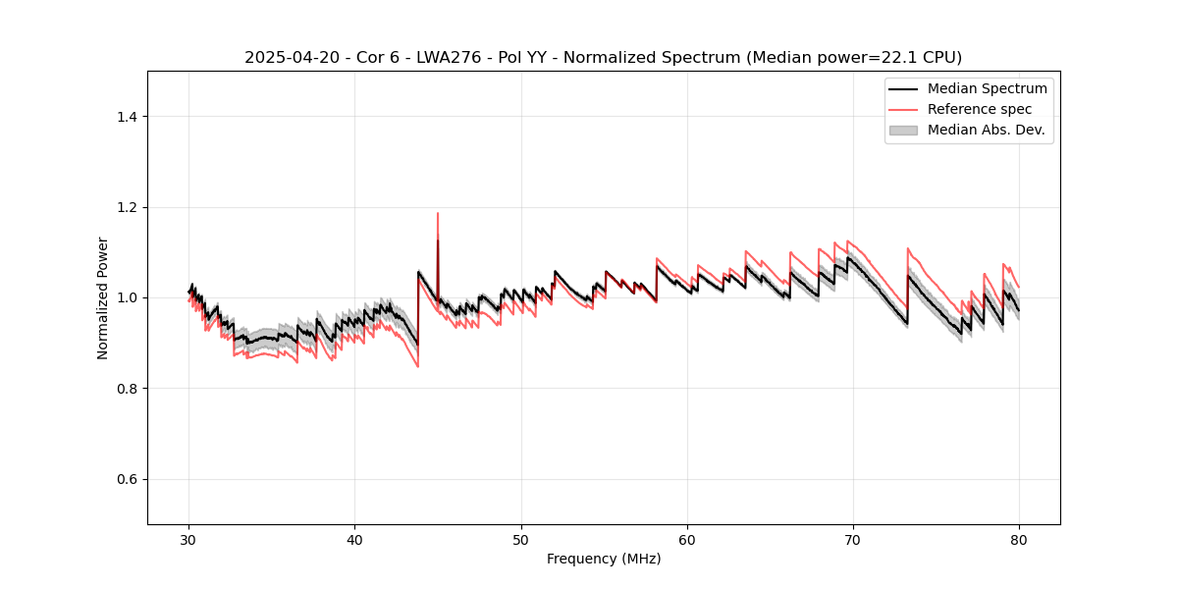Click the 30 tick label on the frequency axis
[189, 539]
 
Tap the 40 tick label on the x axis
[355, 539]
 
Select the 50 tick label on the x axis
[521, 539]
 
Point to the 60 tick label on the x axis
[687, 539]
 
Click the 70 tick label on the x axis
[853, 539]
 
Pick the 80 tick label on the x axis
[1019, 539]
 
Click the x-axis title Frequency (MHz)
[604, 559]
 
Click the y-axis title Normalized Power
[103, 297]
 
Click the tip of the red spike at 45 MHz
[438, 213]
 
